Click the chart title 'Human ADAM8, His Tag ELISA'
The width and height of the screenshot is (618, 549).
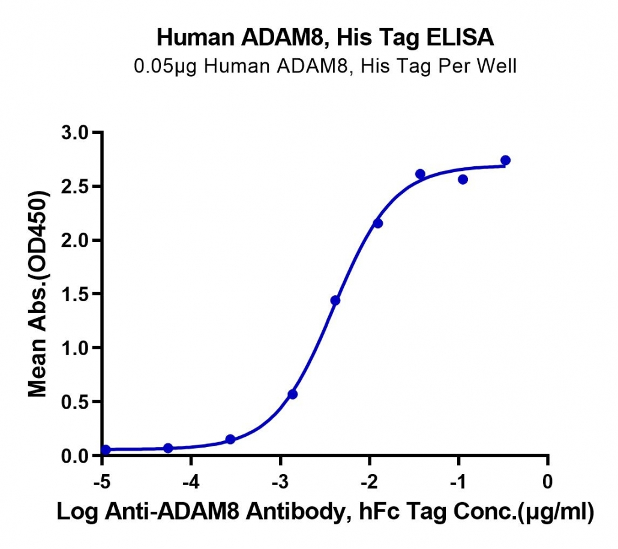(x=325, y=38)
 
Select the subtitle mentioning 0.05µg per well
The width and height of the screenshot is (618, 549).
(x=325, y=66)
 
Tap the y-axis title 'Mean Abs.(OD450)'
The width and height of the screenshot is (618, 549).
(x=38, y=293)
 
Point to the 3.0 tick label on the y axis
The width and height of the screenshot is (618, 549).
(x=75, y=133)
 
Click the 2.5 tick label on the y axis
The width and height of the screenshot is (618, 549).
(x=75, y=187)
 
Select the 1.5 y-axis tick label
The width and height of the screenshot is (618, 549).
(x=75, y=294)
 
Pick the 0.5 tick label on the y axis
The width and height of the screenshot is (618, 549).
(x=75, y=402)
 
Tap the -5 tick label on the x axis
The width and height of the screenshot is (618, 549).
(x=101, y=482)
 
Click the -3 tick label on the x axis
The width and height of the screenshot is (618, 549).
(x=280, y=482)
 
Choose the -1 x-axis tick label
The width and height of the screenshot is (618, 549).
(x=458, y=482)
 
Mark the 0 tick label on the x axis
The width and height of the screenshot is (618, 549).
(x=548, y=482)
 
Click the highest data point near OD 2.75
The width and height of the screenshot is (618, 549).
(x=505, y=160)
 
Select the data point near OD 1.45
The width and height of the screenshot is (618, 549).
(x=335, y=301)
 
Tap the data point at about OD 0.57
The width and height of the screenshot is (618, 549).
(x=292, y=394)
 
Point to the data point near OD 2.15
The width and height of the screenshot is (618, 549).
(x=377, y=223)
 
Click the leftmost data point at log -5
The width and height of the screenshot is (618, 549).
(x=105, y=449)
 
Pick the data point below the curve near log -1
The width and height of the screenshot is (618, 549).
(x=463, y=180)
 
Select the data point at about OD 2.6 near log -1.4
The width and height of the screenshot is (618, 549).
(x=420, y=174)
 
